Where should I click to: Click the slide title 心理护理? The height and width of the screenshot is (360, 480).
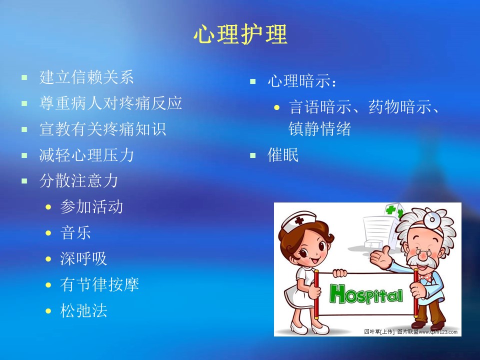pyautogui.click(x=240, y=34)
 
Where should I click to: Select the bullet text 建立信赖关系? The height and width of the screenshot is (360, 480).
pyautogui.click(x=86, y=77)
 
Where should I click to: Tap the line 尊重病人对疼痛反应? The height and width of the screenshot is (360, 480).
pyautogui.click(x=110, y=103)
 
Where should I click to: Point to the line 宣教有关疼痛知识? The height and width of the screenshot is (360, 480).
pyautogui.click(x=102, y=129)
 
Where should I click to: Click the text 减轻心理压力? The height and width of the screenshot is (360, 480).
pyautogui.click(x=86, y=155)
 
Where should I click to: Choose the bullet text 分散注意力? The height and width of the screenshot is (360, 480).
pyautogui.click(x=78, y=180)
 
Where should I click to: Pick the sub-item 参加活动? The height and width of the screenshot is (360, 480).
pyautogui.click(x=91, y=206)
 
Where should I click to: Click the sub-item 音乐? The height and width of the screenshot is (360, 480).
pyautogui.click(x=75, y=232)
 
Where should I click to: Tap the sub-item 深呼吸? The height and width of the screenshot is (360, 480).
pyautogui.click(x=83, y=258)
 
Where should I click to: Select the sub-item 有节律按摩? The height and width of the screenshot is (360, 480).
pyautogui.click(x=99, y=284)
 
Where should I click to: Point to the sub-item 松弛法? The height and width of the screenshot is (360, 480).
pyautogui.click(x=83, y=310)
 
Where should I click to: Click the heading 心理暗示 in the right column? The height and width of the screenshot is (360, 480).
pyautogui.click(x=299, y=81)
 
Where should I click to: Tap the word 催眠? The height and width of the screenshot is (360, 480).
pyautogui.click(x=283, y=155)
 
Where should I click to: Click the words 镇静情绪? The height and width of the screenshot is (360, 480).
pyautogui.click(x=319, y=128)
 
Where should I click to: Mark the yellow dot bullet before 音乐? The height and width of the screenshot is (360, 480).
pyautogui.click(x=48, y=233)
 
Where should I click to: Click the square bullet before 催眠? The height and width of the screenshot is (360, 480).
pyautogui.click(x=253, y=155)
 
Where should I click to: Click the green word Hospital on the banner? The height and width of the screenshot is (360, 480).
pyautogui.click(x=366, y=294)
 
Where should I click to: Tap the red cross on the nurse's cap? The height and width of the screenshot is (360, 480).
pyautogui.click(x=299, y=220)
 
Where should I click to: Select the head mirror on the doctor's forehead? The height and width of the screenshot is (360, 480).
pyautogui.click(x=431, y=219)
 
